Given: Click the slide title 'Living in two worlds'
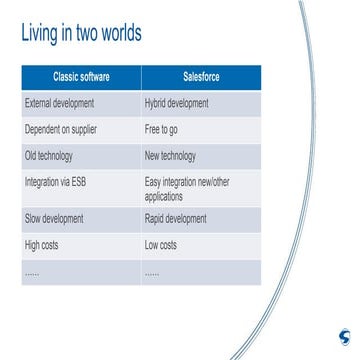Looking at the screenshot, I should pyautogui.click(x=81, y=34).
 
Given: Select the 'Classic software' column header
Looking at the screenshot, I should pyautogui.click(x=82, y=77).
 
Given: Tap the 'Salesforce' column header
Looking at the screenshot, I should pyautogui.click(x=201, y=77).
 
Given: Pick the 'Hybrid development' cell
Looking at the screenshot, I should pyautogui.click(x=177, y=103).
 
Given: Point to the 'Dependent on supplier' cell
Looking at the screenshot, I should pyautogui.click(x=61, y=130).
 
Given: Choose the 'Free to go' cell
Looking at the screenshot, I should pyautogui.click(x=164, y=130).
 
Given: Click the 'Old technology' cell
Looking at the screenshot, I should pyautogui.click(x=49, y=156).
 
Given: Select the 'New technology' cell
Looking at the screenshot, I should pyautogui.click(x=171, y=156).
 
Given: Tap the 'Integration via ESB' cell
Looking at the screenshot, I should pyautogui.click(x=59, y=183).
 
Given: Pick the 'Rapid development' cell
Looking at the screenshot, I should pyautogui.click(x=176, y=218).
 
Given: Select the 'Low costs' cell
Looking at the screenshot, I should pyautogui.click(x=161, y=245).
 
